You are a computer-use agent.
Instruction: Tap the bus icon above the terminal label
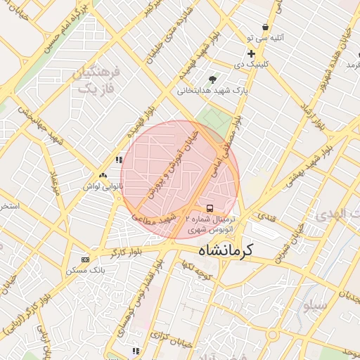210,208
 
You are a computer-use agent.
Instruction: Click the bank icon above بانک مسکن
86,259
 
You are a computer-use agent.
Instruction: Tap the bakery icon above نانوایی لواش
103,175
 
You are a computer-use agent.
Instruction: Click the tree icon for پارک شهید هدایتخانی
213,79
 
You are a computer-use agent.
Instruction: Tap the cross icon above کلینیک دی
251,53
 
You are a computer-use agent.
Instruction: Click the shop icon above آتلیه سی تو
266,27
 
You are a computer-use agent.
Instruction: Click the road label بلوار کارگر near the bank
127,251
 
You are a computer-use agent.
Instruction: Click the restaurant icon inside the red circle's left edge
119,160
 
